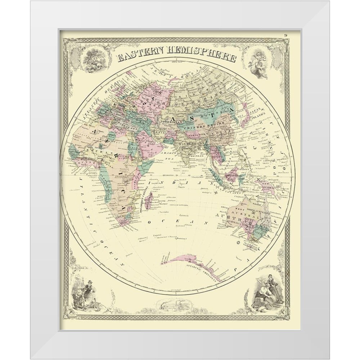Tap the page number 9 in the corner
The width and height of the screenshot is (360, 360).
(x=285, y=35)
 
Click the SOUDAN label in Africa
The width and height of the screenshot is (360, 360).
(x=94, y=152)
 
